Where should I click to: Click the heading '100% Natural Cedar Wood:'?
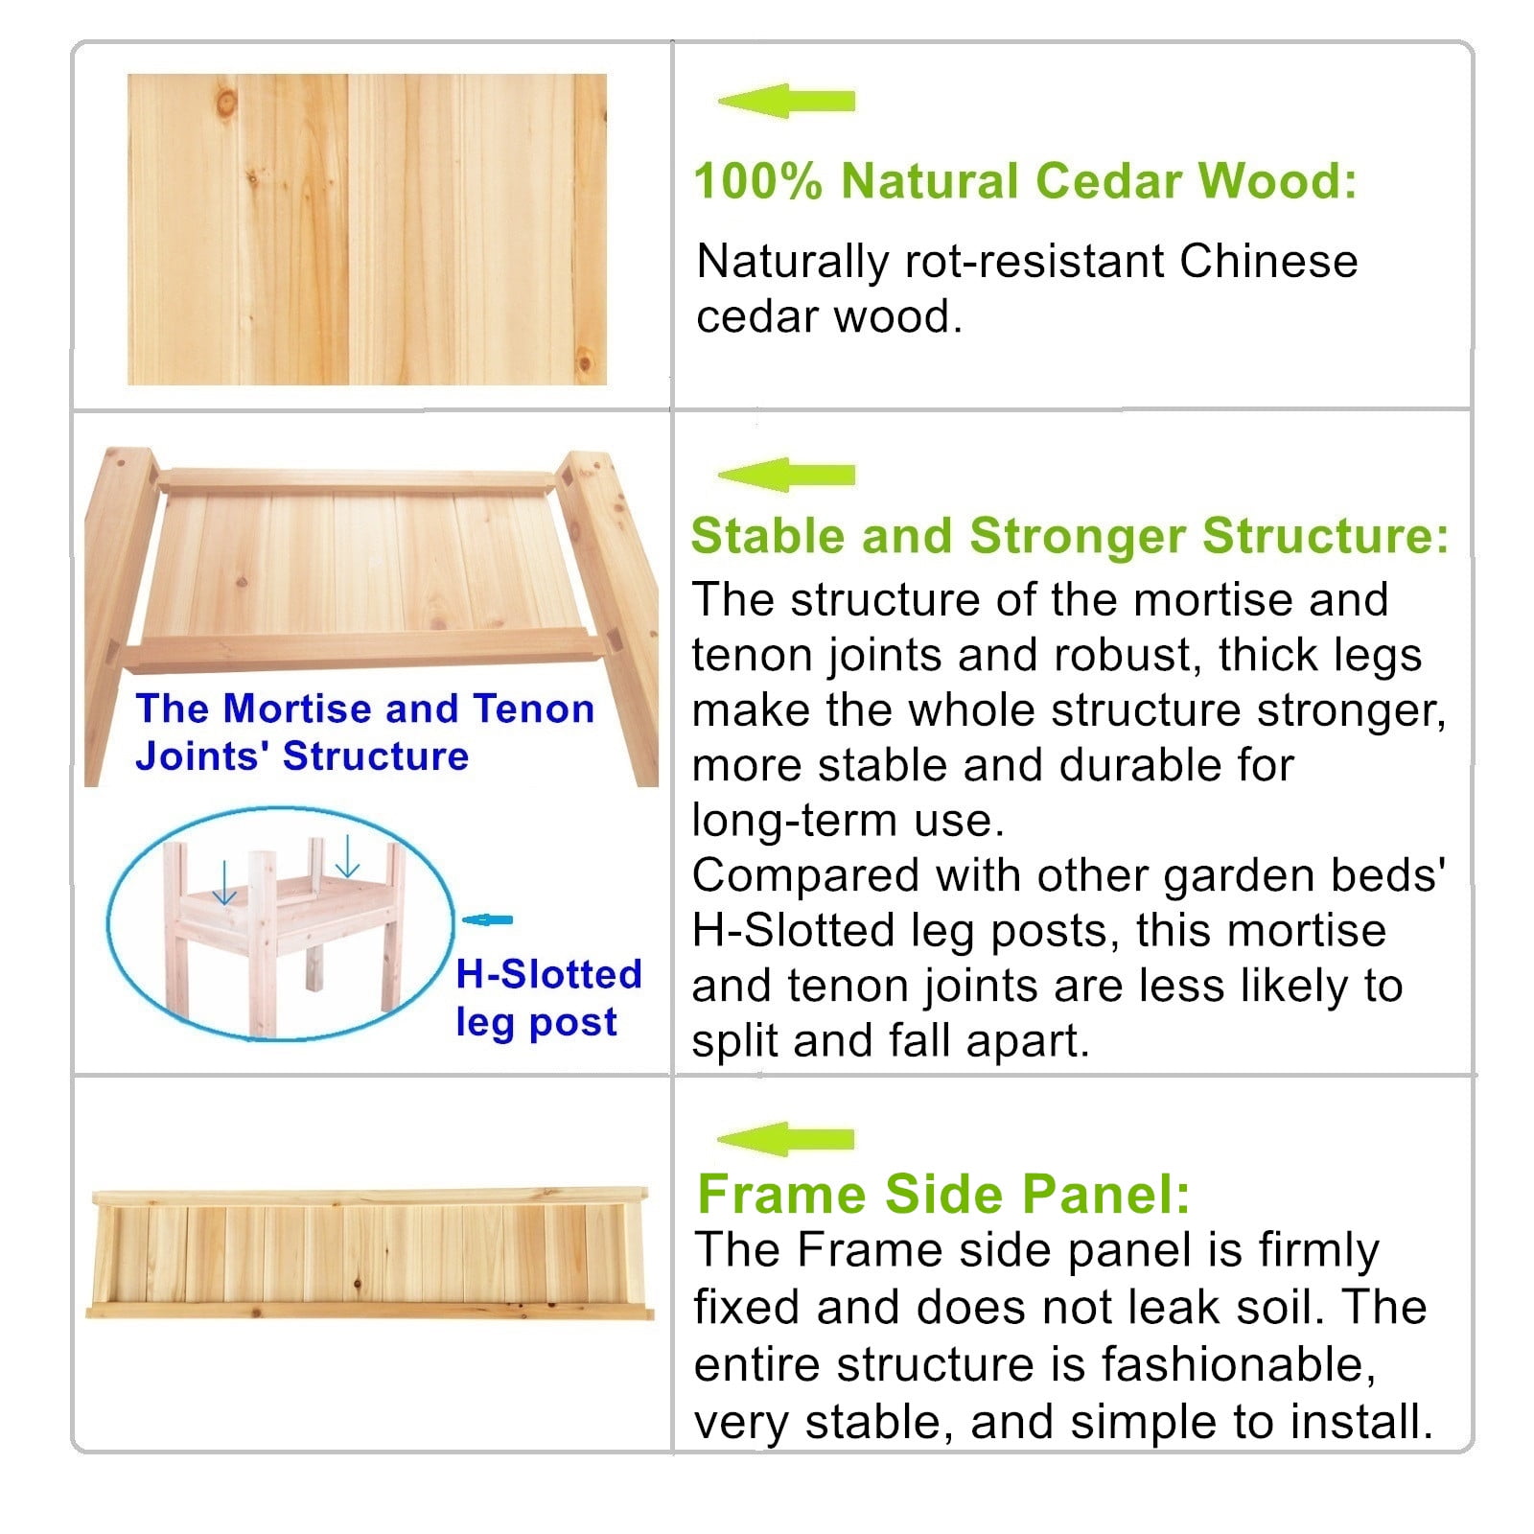[1025, 181]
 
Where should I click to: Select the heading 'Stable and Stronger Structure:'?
[1069, 536]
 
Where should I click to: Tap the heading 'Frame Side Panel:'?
[943, 1195]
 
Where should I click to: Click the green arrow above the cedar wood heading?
[786, 101]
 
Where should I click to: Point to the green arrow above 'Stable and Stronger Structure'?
[786, 475]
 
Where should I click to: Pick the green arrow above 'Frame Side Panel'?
[786, 1139]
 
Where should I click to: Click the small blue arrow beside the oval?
[488, 920]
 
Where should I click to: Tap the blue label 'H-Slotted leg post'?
[547, 998]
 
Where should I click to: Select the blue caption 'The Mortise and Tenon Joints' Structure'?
[364, 732]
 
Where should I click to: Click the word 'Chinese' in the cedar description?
[1267, 262]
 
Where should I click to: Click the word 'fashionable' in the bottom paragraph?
[1238, 1364]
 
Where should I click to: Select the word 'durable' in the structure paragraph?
[1141, 766]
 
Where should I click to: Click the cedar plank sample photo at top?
[367, 230]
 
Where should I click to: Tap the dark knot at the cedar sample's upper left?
[227, 100]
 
